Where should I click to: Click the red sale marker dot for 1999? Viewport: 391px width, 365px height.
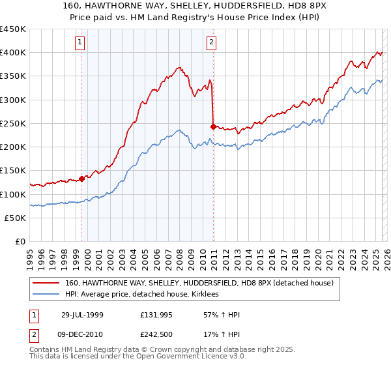pyautogui.click(x=82, y=179)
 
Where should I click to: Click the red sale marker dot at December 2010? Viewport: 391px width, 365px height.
pyautogui.click(x=214, y=126)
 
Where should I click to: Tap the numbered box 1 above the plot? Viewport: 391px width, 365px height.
pyautogui.click(x=80, y=43)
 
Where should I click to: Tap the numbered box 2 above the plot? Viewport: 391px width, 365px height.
pyautogui.click(x=212, y=43)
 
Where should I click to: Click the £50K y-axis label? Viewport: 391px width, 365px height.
pyautogui.click(x=16, y=218)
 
